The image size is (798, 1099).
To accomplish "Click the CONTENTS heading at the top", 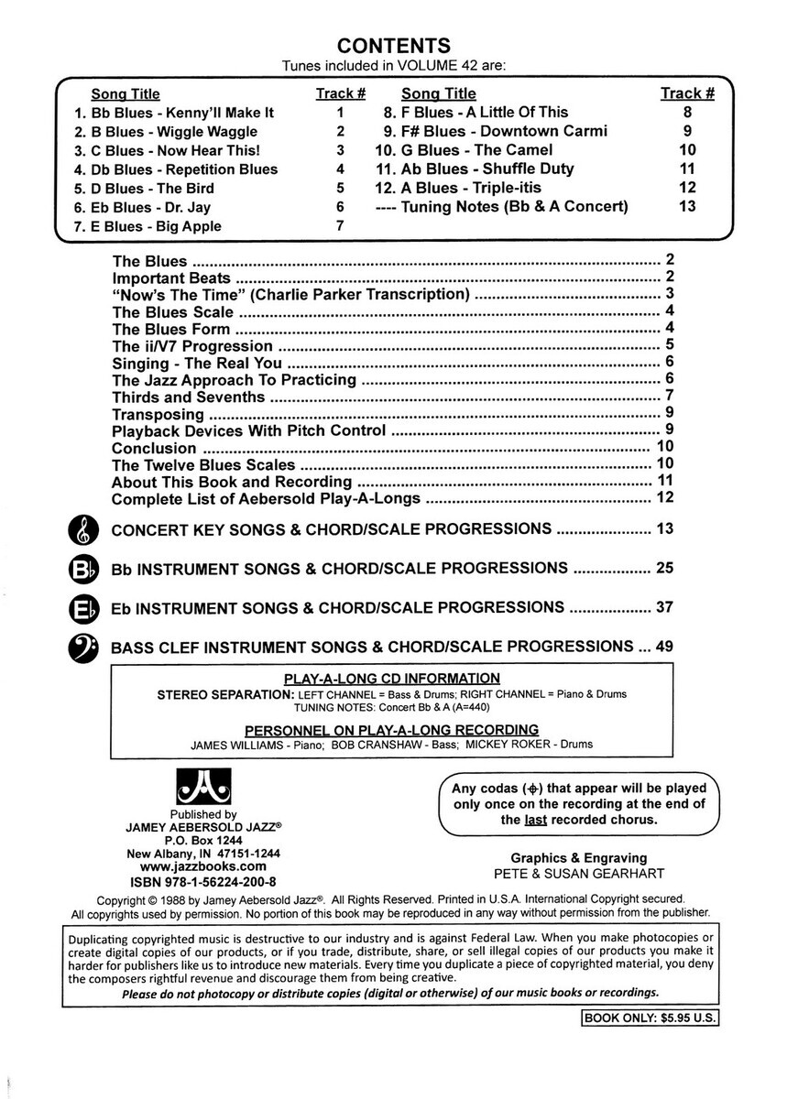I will tap(393, 45).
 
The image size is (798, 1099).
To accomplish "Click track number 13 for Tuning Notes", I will tap(687, 206).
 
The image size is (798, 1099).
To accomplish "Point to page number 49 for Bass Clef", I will tap(664, 646).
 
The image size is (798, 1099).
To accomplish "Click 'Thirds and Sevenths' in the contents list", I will tap(188, 397).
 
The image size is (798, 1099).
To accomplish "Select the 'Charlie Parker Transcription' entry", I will tap(360, 294).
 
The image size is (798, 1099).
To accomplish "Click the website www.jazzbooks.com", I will tap(203, 865).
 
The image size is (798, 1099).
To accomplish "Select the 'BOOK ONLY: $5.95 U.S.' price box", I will tap(650, 1018).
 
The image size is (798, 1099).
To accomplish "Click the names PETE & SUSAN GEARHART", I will tap(578, 874).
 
